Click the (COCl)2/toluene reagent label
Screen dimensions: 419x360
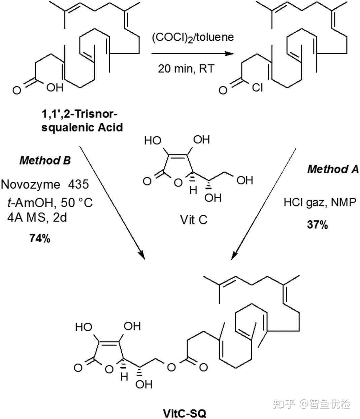(193, 37)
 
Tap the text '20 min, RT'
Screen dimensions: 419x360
(186, 69)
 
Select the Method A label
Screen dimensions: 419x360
(333, 169)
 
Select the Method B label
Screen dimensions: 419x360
(45, 161)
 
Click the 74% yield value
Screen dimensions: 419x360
(40, 239)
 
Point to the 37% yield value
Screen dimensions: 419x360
(317, 225)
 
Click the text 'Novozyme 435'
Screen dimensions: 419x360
(45, 184)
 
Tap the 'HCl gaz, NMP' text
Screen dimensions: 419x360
(322, 203)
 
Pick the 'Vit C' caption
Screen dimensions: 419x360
(194, 220)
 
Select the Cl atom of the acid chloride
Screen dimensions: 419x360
(257, 89)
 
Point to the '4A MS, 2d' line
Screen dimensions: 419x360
(37, 218)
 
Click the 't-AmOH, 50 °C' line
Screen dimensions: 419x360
(50, 203)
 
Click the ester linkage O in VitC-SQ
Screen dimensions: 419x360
(171, 367)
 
